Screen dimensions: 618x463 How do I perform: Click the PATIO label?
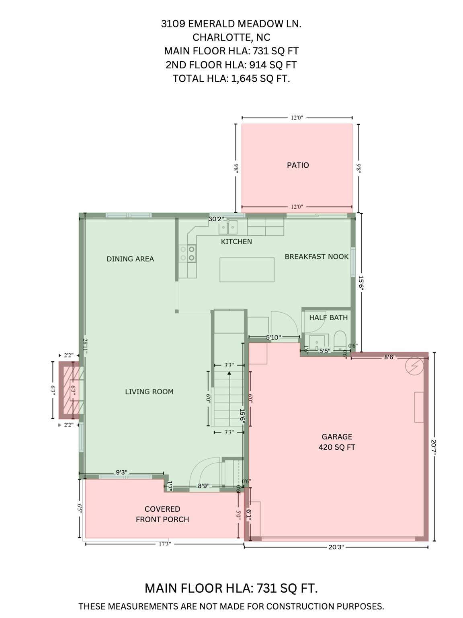pyautogui.click(x=297, y=165)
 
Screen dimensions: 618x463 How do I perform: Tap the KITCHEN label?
pyautogui.click(x=236, y=241)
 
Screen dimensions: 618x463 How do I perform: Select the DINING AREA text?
pyautogui.click(x=130, y=259)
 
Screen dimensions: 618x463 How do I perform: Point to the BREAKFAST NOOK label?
pyautogui.click(x=316, y=256)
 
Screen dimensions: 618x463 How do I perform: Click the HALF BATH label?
pyautogui.click(x=328, y=317)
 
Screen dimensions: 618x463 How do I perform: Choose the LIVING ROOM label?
pyautogui.click(x=149, y=391)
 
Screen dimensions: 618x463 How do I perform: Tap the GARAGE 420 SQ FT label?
pyautogui.click(x=337, y=442)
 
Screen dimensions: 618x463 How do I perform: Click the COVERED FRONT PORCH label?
pyautogui.click(x=162, y=514)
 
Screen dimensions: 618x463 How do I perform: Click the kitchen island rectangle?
pyautogui.click(x=247, y=270)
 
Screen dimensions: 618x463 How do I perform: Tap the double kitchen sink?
pyautogui.click(x=228, y=227)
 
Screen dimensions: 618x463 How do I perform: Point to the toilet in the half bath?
pyautogui.click(x=340, y=341)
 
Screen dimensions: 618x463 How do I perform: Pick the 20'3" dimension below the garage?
pyautogui.click(x=336, y=547)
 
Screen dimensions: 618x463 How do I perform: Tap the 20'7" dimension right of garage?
pyautogui.click(x=434, y=447)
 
